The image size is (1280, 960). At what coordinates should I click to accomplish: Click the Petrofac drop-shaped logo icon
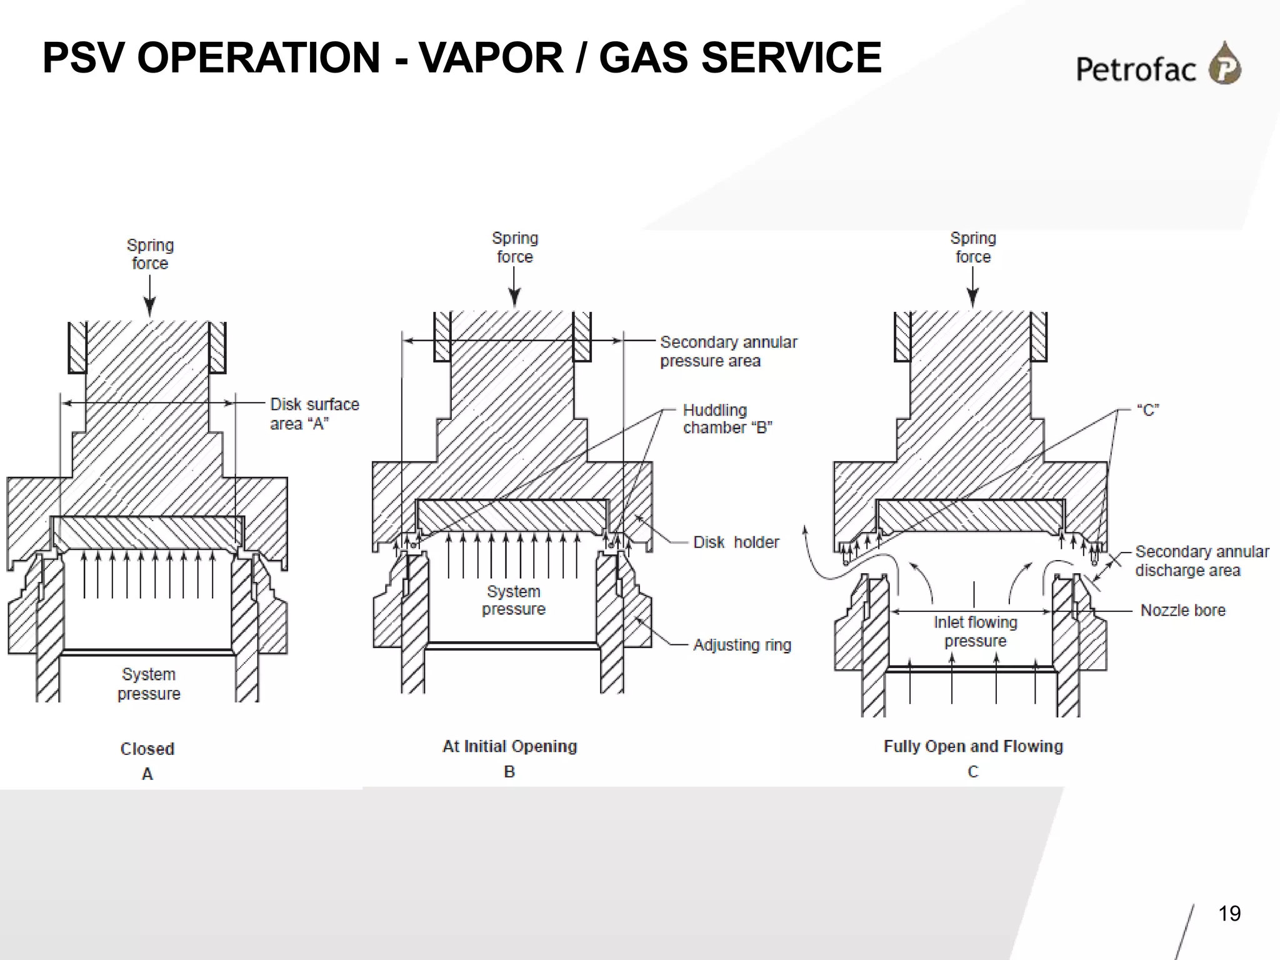pyautogui.click(x=1224, y=64)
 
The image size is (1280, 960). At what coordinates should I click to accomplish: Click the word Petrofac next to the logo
pyautogui.click(x=1135, y=69)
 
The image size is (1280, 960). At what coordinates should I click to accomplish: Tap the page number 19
pyautogui.click(x=1229, y=914)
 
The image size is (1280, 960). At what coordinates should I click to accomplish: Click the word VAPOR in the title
pyautogui.click(x=491, y=57)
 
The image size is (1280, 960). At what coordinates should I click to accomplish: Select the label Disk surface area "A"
pyautogui.click(x=314, y=414)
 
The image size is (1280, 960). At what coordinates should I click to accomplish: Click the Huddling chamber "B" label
pyautogui.click(x=727, y=419)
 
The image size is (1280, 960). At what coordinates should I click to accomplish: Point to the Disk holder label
pyautogui.click(x=736, y=542)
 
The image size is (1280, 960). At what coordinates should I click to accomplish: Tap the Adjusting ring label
pyautogui.click(x=741, y=645)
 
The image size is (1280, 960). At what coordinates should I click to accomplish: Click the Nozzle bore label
pyautogui.click(x=1182, y=610)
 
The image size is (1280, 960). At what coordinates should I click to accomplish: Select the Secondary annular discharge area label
pyautogui.click(x=1201, y=561)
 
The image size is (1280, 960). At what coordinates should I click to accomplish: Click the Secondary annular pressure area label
pyautogui.click(x=728, y=351)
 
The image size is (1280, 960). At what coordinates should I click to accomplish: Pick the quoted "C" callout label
pyautogui.click(x=1147, y=410)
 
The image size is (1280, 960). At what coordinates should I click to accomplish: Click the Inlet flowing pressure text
pyautogui.click(x=975, y=631)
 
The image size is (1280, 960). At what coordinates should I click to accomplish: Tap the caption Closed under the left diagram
pyautogui.click(x=147, y=749)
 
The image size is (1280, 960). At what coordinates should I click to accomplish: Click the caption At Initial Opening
pyautogui.click(x=509, y=746)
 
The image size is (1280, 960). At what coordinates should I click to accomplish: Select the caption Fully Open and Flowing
pyautogui.click(x=973, y=746)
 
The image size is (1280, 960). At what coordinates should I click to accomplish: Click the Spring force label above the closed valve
pyautogui.click(x=150, y=254)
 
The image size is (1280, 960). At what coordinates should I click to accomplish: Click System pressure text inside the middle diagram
pyautogui.click(x=514, y=600)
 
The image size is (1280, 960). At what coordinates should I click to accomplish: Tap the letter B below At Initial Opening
pyautogui.click(x=509, y=772)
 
